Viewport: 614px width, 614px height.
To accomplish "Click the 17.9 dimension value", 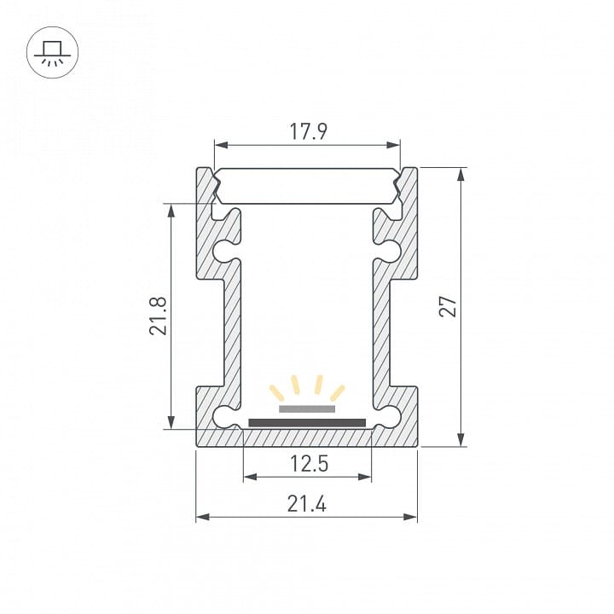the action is [308, 131].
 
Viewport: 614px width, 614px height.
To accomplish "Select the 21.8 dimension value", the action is [159, 316].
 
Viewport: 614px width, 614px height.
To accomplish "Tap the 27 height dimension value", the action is [448, 307].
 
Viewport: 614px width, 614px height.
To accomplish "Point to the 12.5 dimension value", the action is [309, 464].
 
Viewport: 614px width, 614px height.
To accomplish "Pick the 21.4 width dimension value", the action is [307, 504].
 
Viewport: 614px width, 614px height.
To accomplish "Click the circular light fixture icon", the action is [53, 53].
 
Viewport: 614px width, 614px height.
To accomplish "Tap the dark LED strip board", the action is [307, 422].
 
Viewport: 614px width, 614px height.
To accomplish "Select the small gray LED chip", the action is [307, 408].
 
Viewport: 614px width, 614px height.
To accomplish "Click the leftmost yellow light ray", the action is [276, 393].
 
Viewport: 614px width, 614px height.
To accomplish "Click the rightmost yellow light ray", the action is [338, 393].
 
